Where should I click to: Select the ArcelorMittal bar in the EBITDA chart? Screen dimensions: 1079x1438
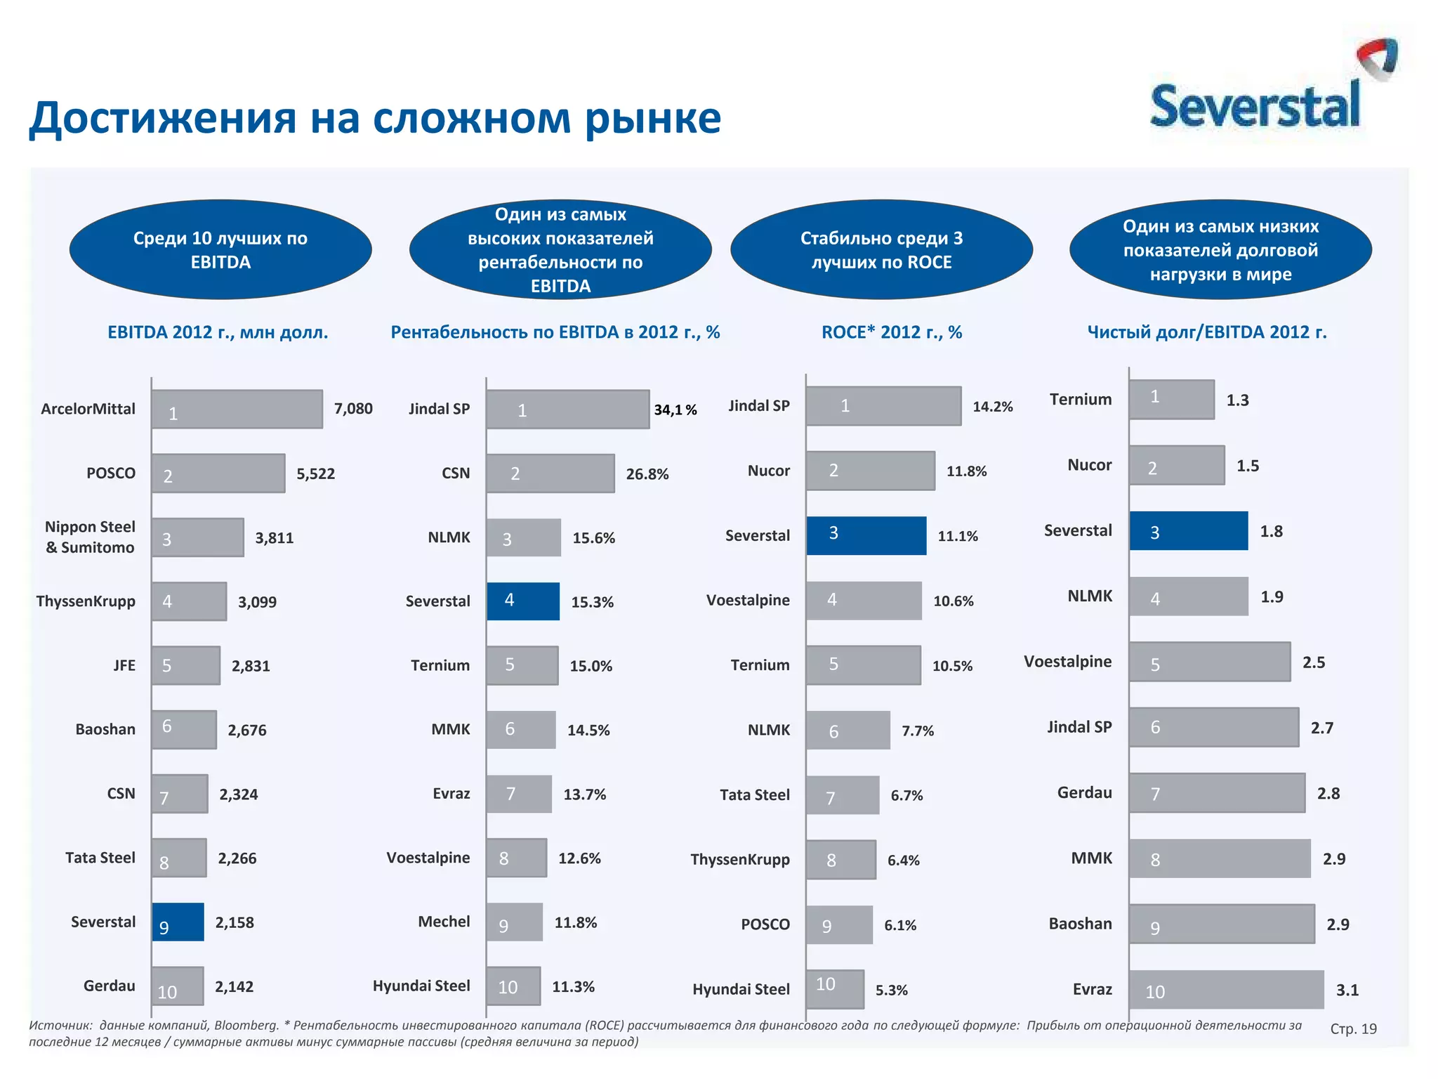pos(237,410)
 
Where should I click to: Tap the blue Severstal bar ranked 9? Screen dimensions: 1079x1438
pos(178,922)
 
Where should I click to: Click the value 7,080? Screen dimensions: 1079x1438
pos(353,409)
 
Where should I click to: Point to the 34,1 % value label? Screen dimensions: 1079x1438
pos(675,410)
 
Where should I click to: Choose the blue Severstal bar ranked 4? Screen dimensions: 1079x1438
pos(523,601)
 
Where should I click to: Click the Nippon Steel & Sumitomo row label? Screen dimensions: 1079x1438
pos(90,537)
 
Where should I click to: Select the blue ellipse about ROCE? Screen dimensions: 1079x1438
pos(881,250)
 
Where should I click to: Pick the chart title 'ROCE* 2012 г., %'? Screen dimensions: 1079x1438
pos(892,332)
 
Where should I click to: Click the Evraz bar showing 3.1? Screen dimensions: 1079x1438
pos(1226,990)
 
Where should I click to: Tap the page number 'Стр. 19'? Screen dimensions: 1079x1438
pos(1353,1029)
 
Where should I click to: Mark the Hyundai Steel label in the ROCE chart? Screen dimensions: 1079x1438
pos(741,989)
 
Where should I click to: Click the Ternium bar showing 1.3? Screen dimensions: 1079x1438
pos(1171,400)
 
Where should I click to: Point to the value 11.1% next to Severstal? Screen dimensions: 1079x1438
pos(958,536)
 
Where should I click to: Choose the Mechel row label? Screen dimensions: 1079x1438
pos(444,922)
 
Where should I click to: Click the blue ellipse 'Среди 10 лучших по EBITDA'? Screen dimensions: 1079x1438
pos(220,250)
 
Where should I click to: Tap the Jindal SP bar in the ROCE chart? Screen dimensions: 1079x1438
pos(883,406)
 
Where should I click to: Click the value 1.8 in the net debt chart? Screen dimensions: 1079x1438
pos(1271,531)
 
